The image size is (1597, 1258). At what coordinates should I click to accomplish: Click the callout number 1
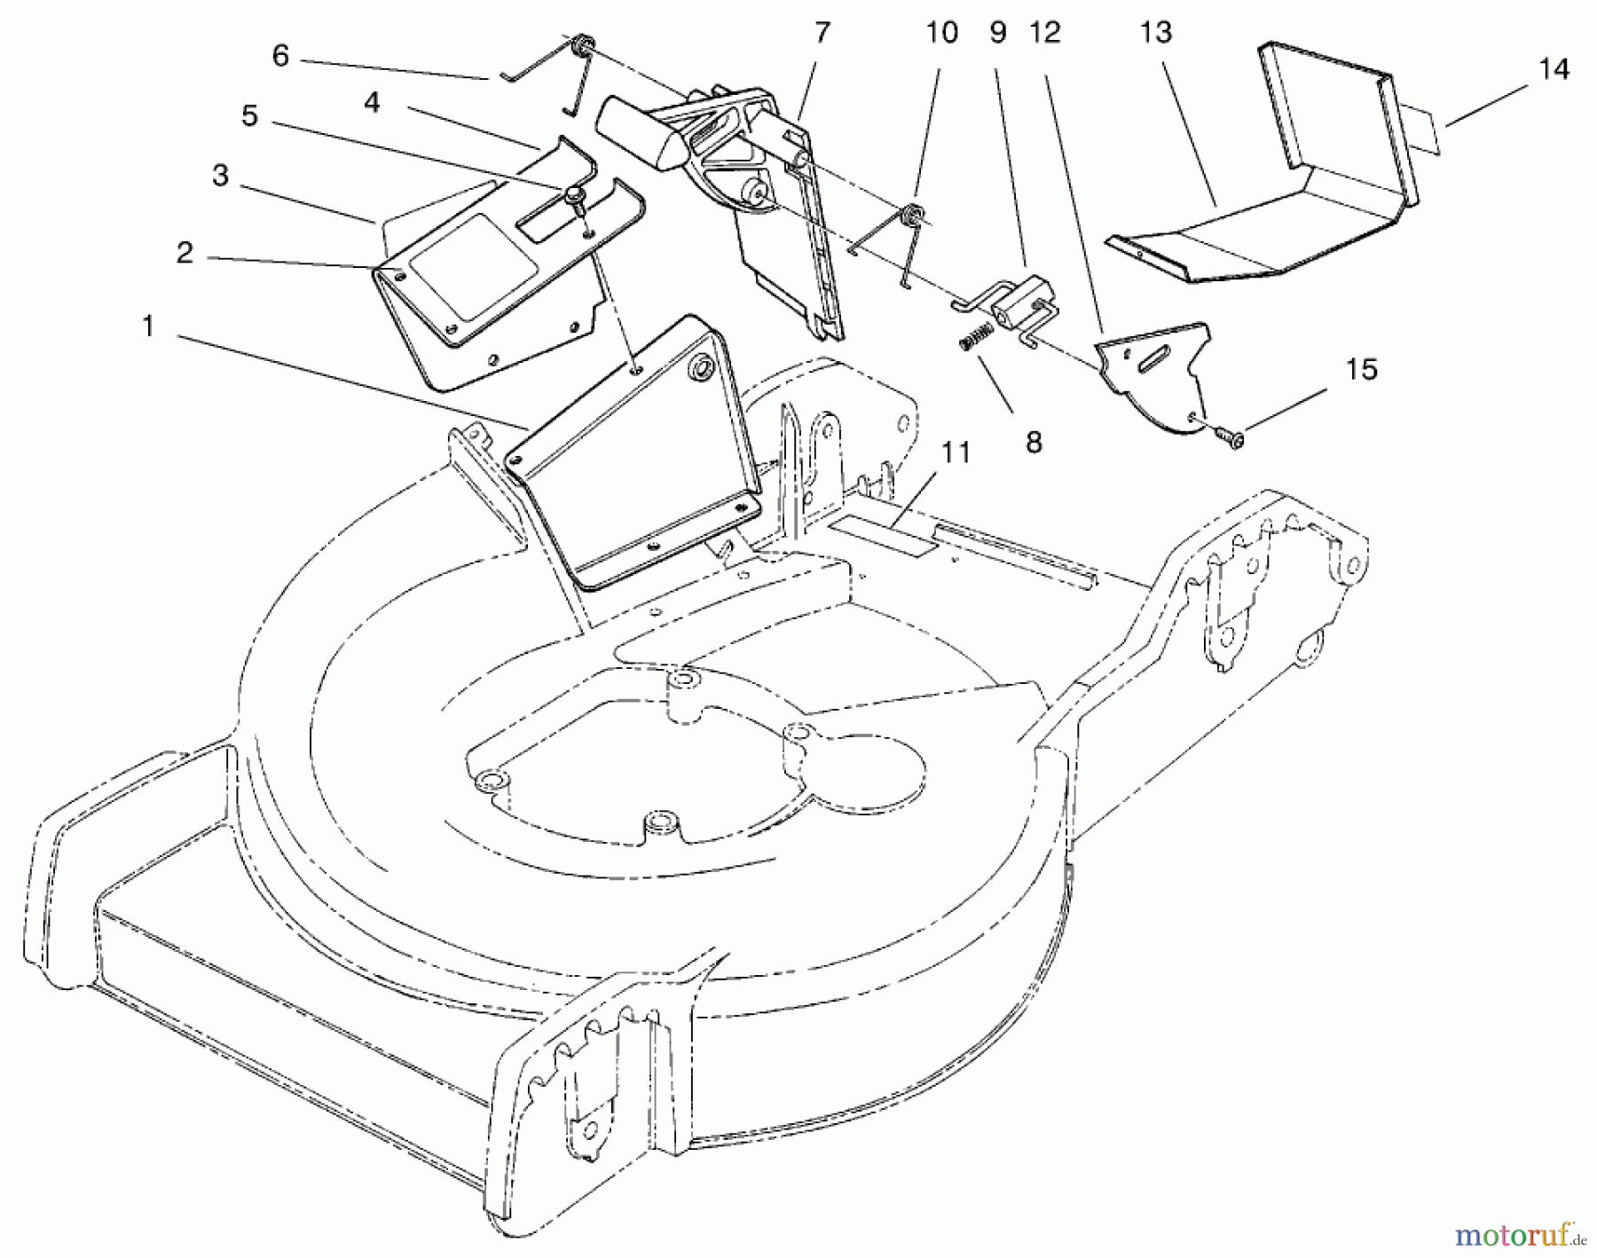click(x=148, y=327)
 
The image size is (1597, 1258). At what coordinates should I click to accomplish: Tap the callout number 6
click(x=280, y=57)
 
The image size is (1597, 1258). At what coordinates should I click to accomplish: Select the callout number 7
click(x=822, y=33)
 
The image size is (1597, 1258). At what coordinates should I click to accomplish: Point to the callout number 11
click(x=956, y=452)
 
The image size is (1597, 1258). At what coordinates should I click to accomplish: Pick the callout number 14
click(x=1554, y=68)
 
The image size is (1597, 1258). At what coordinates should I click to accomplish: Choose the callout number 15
click(x=1361, y=369)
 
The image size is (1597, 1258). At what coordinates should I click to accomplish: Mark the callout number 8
click(x=1034, y=441)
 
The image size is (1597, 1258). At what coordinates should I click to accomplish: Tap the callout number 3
click(x=220, y=177)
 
